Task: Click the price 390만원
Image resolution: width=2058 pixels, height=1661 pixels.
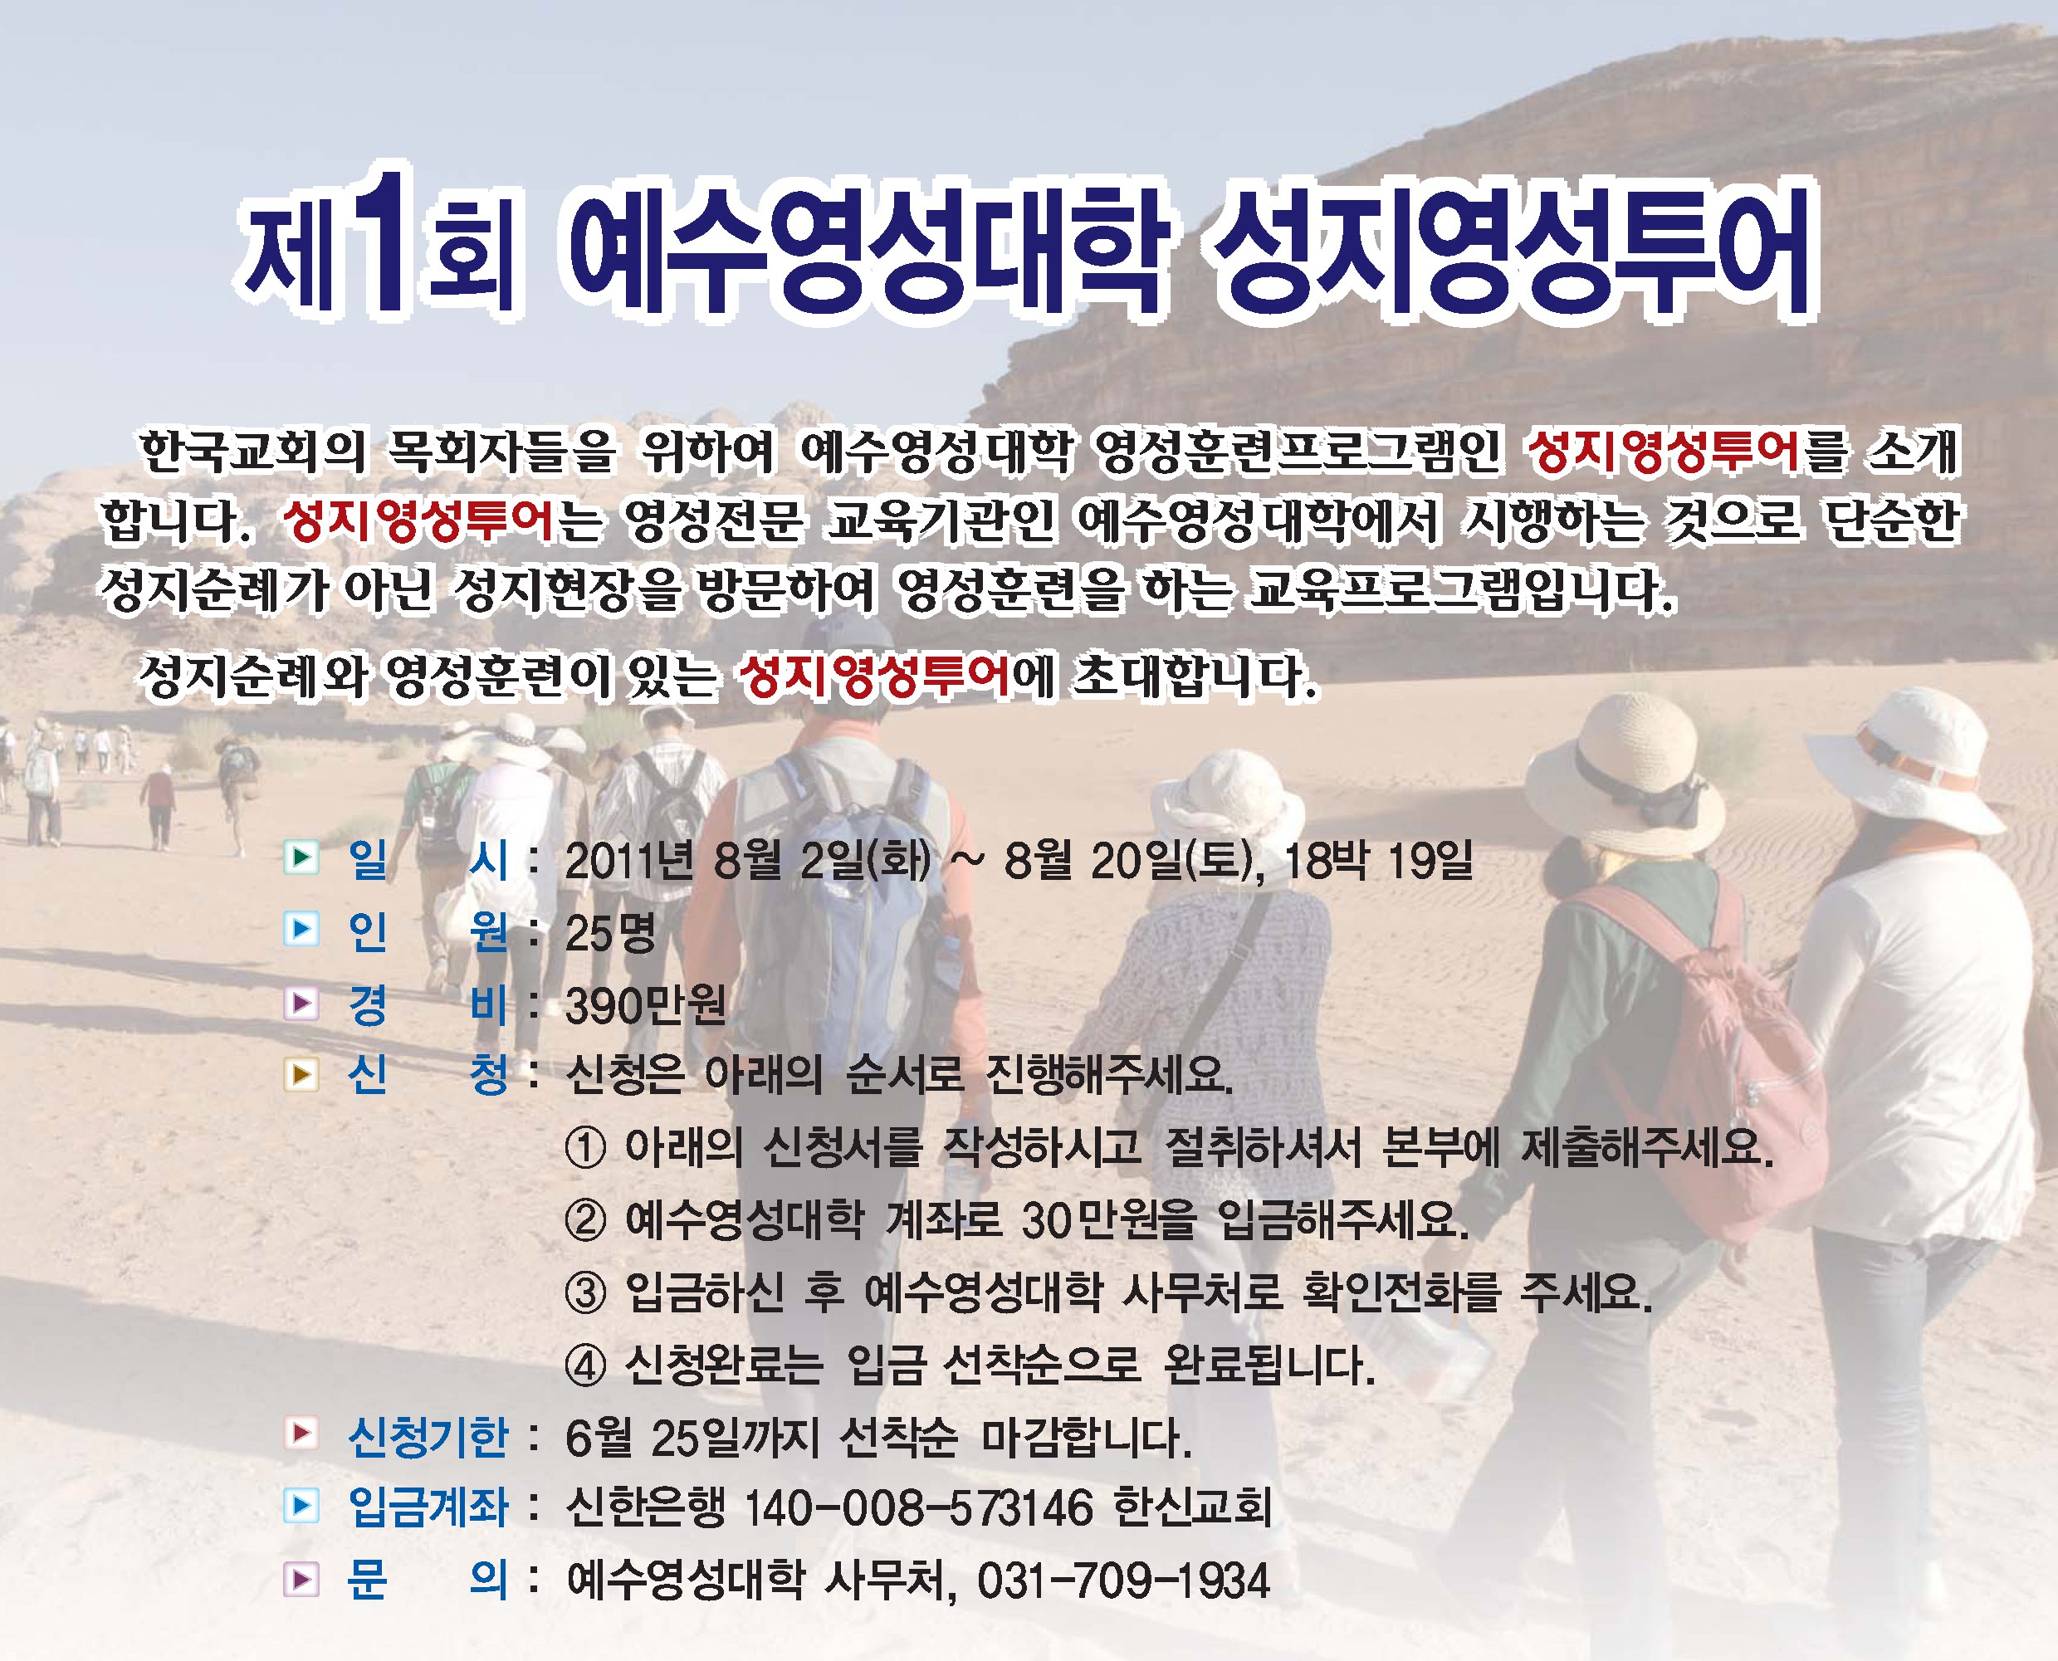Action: tap(646, 1005)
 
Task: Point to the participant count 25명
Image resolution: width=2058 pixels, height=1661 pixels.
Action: tap(610, 933)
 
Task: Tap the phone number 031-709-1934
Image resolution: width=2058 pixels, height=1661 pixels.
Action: tap(1123, 1580)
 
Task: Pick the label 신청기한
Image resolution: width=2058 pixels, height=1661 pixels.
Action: tap(428, 1436)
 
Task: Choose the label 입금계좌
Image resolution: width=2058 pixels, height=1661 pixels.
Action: tap(428, 1508)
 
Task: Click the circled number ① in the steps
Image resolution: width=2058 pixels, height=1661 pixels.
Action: tap(585, 1148)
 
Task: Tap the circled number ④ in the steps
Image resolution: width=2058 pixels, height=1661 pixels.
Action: tap(585, 1365)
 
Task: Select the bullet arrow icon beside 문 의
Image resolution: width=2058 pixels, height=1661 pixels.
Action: tap(301, 1580)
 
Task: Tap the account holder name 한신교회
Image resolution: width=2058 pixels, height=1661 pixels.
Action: tap(1192, 1508)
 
